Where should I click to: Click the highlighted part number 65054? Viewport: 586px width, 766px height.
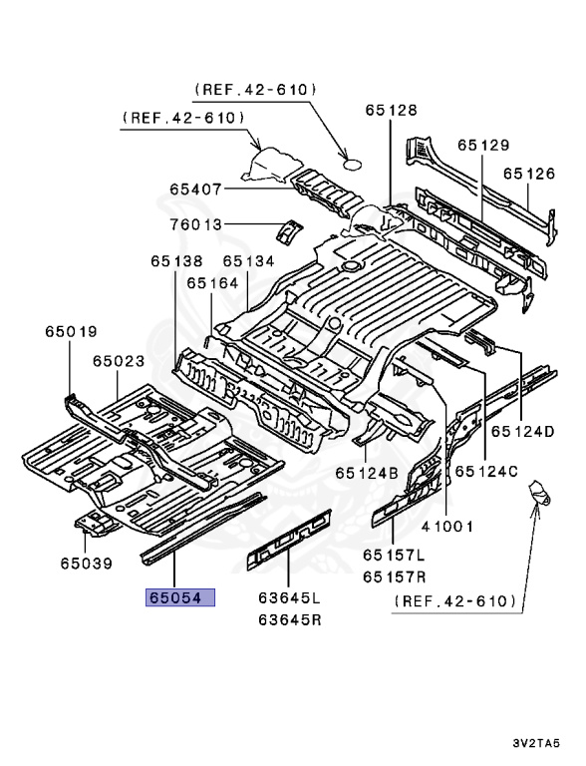pyautogui.click(x=180, y=598)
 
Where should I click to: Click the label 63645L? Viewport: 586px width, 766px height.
pyautogui.click(x=289, y=598)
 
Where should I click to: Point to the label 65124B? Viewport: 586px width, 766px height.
pyautogui.click(x=367, y=472)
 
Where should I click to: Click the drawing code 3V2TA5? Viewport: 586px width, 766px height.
pyautogui.click(x=544, y=744)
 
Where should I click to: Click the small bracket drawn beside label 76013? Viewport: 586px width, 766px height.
pyautogui.click(x=287, y=230)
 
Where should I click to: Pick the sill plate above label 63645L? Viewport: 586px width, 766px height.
pyautogui.click(x=289, y=538)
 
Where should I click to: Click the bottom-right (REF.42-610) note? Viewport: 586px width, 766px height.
pyautogui.click(x=454, y=601)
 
